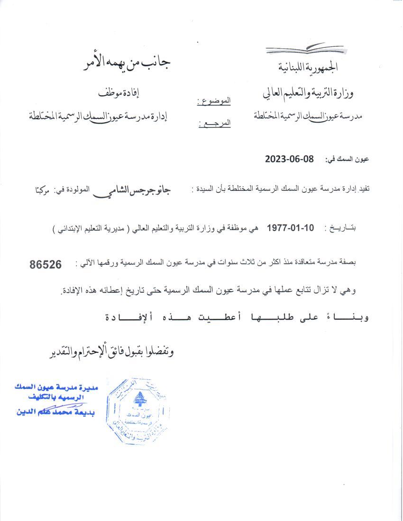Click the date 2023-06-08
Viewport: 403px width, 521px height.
tap(289, 159)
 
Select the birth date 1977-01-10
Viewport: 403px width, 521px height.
tap(290, 228)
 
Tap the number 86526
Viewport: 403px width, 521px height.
tap(46, 265)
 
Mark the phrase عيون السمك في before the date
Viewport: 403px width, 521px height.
tap(347, 160)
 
